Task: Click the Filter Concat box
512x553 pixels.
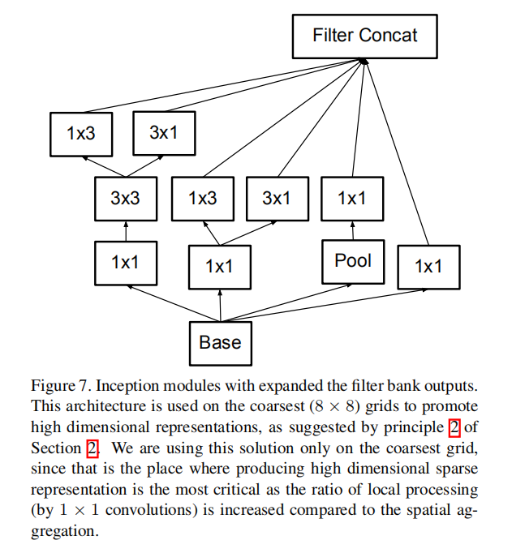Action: coord(365,36)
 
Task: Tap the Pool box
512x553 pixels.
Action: coord(352,261)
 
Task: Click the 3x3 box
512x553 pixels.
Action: coord(125,199)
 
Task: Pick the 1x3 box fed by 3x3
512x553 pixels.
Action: coord(81,134)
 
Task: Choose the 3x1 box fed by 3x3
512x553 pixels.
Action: coord(164,133)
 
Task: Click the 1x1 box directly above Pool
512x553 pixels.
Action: coord(352,199)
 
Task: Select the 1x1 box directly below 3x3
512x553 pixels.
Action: coord(125,261)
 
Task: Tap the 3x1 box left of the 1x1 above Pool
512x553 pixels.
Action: coord(277,199)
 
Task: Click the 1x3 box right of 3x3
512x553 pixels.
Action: coord(203,199)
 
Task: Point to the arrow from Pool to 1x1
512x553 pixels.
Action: coord(352,230)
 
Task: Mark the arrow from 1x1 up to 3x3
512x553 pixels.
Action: coord(125,230)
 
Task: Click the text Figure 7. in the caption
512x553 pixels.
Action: coord(54,384)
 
